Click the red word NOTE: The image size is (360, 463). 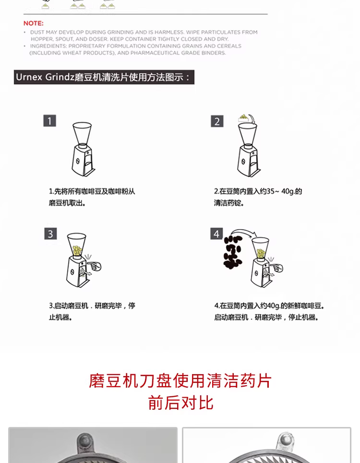[x=33, y=24]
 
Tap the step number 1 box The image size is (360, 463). [x=49, y=121]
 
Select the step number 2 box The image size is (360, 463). [x=217, y=122]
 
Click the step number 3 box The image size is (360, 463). [x=50, y=233]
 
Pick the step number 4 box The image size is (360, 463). [x=216, y=233]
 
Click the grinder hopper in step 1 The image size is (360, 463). [x=82, y=134]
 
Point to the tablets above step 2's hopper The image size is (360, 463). [x=243, y=118]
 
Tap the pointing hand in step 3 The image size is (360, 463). [x=94, y=266]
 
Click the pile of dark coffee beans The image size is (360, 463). [x=232, y=252]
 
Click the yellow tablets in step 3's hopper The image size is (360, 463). [x=77, y=251]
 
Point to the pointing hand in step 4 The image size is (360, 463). [x=276, y=268]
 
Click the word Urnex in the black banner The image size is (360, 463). [x=29, y=77]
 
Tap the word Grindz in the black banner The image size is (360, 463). [x=60, y=77]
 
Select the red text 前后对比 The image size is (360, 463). [x=180, y=402]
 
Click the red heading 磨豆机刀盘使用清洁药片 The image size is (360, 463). [x=180, y=380]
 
